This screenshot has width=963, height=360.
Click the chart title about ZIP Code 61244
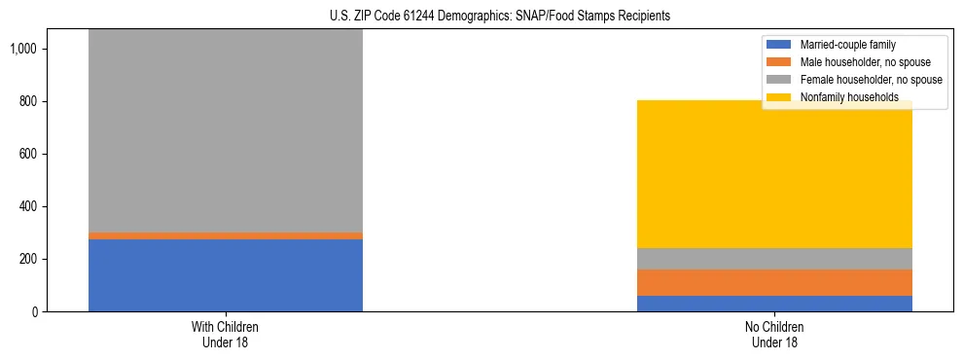pyautogui.click(x=481, y=17)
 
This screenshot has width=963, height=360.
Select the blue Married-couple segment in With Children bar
pyautogui.click(x=226, y=275)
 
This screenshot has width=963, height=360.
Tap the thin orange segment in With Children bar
pyautogui.click(x=226, y=235)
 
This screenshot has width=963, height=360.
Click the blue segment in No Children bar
pyautogui.click(x=774, y=304)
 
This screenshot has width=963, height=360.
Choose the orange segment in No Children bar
pyautogui.click(x=774, y=282)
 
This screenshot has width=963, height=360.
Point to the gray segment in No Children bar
pyautogui.click(x=774, y=259)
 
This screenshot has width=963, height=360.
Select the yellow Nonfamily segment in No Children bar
pyautogui.click(x=774, y=175)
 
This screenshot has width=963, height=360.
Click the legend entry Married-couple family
pyautogui.click(x=847, y=45)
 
